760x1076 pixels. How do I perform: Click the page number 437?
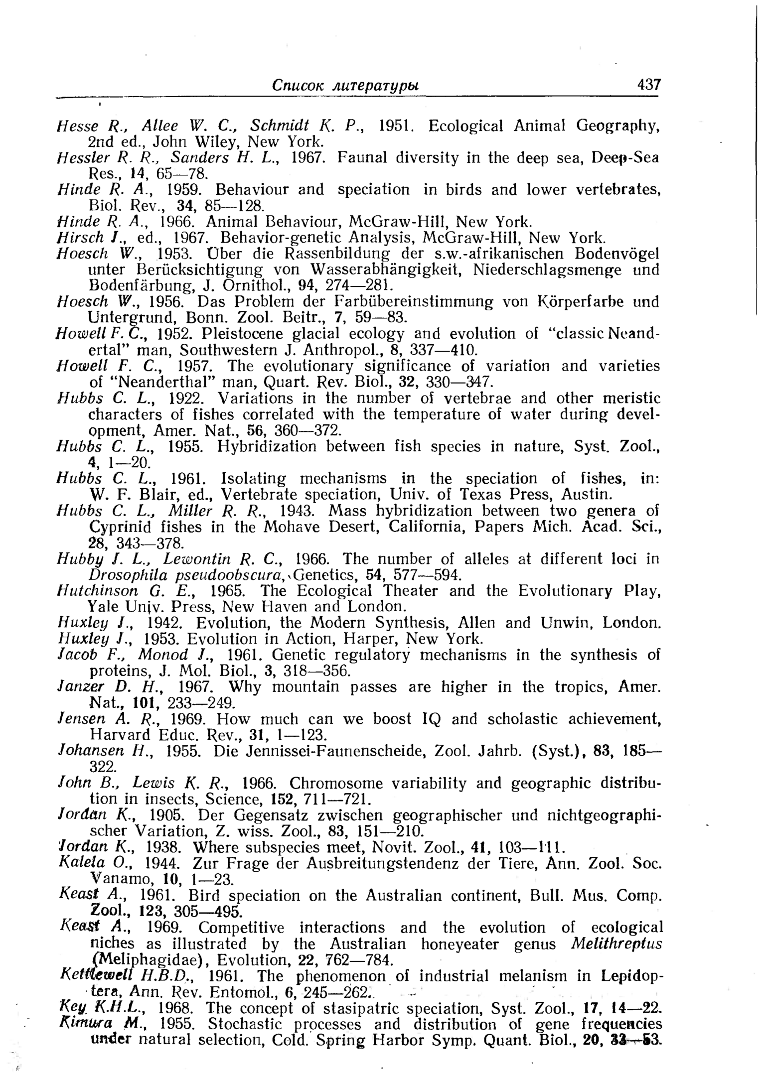pyautogui.click(x=648, y=84)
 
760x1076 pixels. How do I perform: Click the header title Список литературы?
pyautogui.click(x=345, y=85)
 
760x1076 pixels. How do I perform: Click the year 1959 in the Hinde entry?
pyautogui.click(x=184, y=190)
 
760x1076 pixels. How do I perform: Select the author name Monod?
pyautogui.click(x=163, y=655)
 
